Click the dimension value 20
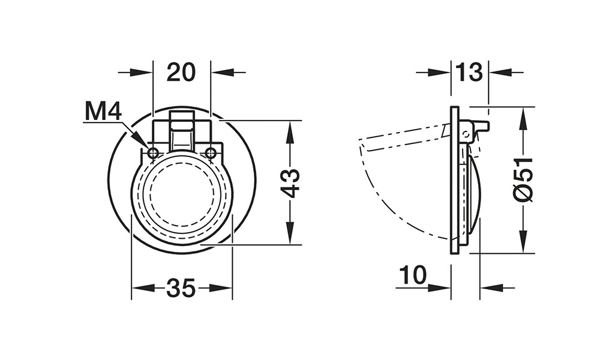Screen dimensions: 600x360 coord(181,73)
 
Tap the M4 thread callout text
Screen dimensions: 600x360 coord(103,112)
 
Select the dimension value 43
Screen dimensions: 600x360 coord(290,183)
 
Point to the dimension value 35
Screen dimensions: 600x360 coord(181,288)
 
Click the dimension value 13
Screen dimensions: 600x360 coord(469,73)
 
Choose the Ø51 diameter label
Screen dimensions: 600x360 coord(523,179)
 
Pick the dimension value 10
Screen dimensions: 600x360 coord(413,275)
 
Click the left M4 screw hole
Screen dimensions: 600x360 coord(153,153)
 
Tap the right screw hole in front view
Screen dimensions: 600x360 coord(211,153)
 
